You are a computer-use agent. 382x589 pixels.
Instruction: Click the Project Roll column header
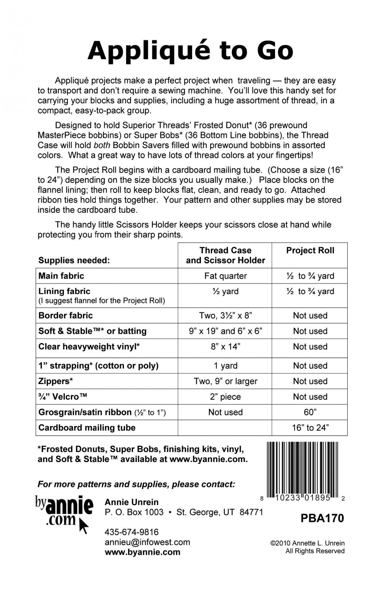click(x=310, y=251)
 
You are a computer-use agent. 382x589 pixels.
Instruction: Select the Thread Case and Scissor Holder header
click(x=225, y=255)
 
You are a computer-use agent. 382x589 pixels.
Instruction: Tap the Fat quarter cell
click(x=225, y=276)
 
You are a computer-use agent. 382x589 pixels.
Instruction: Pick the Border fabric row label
click(x=66, y=315)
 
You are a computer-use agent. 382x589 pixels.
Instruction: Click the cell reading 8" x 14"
click(x=225, y=347)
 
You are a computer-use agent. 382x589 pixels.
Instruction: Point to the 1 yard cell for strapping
click(x=225, y=366)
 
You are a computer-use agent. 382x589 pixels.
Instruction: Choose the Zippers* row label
click(x=56, y=381)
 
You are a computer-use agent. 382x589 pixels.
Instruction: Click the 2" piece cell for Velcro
click(x=225, y=397)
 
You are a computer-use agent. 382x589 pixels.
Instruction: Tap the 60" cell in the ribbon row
click(x=310, y=412)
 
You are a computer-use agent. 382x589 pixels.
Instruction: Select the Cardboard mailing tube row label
click(x=87, y=428)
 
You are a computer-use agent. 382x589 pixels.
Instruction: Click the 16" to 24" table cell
click(x=310, y=428)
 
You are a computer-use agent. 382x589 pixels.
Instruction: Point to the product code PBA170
click(x=322, y=518)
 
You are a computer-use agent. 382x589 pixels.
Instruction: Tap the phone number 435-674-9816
click(x=132, y=532)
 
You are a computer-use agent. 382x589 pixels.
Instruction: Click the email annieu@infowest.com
click(x=147, y=542)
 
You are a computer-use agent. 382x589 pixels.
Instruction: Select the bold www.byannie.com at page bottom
click(x=143, y=552)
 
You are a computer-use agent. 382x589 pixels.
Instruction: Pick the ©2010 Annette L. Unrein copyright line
click(x=308, y=543)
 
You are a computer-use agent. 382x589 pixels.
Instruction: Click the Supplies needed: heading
click(x=74, y=261)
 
